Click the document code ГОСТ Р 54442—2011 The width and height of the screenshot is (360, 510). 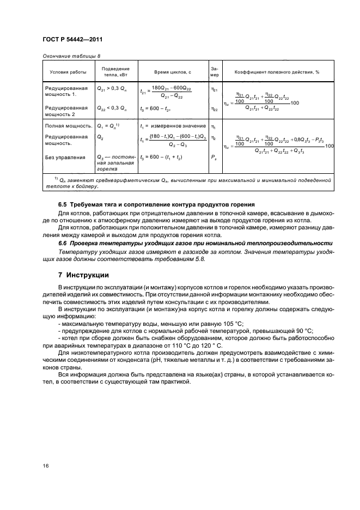point(72,40)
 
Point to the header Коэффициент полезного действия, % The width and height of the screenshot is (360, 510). point(277,72)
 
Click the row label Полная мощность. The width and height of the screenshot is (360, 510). point(66,126)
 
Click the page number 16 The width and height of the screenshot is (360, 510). point(46,466)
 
